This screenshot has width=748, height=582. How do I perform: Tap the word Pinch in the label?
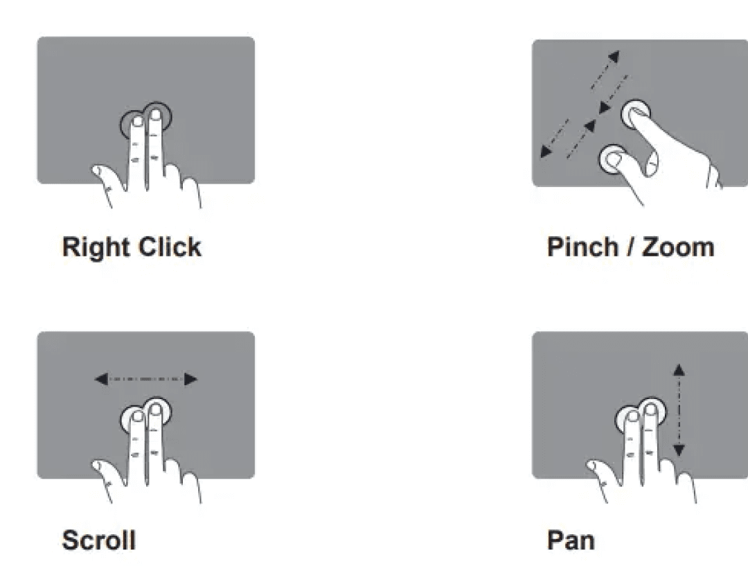pos(582,247)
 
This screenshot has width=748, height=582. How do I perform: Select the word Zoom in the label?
pos(678,247)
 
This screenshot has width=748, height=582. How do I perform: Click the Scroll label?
pos(99,540)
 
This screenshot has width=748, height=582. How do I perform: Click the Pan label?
pos(571,540)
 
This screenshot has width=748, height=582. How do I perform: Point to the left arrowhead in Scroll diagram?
pos(101,379)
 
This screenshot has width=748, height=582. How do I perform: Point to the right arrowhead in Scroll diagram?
pos(191,379)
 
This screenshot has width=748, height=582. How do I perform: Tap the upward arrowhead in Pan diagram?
pos(679,370)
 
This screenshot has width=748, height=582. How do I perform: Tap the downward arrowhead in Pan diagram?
pos(679,450)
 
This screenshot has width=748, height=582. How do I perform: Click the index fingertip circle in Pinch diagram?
pos(635,113)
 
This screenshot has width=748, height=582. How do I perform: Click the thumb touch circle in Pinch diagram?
pos(614,159)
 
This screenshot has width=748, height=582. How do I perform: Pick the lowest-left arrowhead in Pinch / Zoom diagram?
pos(546,152)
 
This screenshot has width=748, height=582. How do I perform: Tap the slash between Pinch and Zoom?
pos(631,247)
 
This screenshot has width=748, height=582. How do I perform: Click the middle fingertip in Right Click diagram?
pos(155,115)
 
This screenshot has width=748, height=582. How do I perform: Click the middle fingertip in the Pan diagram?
pos(650,409)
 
